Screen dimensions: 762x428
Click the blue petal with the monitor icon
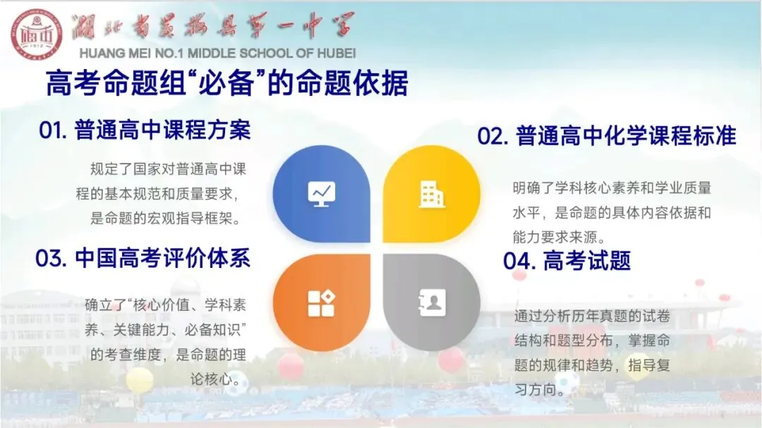click(321, 195)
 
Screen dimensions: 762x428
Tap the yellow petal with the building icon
click(432, 195)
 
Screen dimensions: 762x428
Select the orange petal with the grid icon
click(321, 302)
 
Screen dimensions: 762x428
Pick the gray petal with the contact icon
click(432, 302)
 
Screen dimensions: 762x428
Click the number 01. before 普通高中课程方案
click(53, 130)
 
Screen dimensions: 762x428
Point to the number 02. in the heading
click(492, 137)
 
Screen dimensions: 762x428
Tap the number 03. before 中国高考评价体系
click(51, 259)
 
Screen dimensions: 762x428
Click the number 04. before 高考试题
click(519, 261)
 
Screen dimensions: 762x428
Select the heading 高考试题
click(586, 261)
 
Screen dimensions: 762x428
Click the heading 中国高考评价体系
click(162, 258)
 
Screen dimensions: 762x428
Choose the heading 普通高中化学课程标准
click(626, 136)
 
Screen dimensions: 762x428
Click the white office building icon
click(432, 195)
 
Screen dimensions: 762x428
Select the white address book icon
click(432, 302)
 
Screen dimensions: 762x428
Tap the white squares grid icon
click(321, 303)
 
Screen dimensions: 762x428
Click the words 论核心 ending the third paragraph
click(211, 379)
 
